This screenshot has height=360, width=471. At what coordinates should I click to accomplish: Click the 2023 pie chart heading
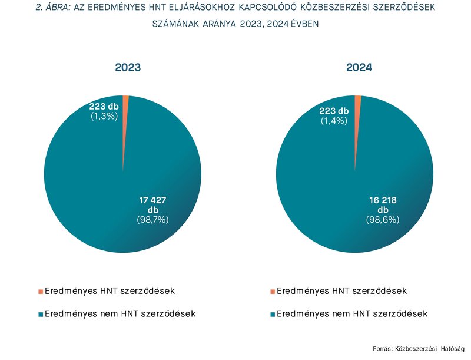click(127, 68)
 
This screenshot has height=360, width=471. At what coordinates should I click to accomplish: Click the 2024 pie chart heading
click(359, 68)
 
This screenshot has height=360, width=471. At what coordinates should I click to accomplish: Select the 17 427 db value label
click(152, 204)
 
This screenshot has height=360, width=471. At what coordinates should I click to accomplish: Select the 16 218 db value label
click(383, 204)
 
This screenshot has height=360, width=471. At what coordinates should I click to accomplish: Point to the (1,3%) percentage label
click(104, 116)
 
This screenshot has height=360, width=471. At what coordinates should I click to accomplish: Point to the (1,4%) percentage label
click(334, 120)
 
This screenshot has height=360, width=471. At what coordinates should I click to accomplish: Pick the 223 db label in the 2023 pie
click(104, 107)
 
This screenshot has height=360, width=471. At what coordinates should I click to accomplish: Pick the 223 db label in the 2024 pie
click(334, 111)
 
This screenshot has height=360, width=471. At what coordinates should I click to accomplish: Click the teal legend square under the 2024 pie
click(273, 314)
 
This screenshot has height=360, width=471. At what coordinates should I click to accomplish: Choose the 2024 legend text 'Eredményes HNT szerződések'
click(341, 292)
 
